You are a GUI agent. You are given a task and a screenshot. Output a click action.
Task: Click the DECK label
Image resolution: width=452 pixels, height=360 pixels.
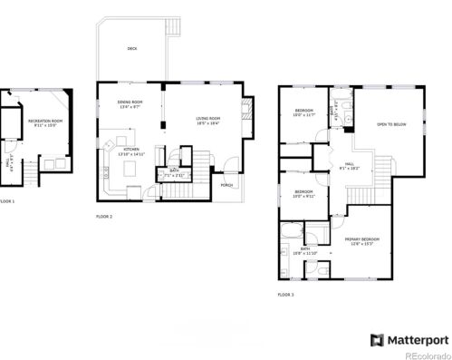point(132,48)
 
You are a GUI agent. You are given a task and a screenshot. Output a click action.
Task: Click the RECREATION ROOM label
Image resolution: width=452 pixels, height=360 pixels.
point(45,122)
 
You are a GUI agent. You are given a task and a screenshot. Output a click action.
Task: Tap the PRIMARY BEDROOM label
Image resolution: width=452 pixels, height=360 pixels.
point(361,240)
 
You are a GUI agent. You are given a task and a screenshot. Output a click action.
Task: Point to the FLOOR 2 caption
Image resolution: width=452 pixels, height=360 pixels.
point(104,217)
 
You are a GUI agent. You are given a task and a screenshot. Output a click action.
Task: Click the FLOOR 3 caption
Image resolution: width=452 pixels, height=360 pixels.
point(285,294)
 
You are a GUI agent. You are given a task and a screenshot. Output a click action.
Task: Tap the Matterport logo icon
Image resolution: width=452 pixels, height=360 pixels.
point(378,340)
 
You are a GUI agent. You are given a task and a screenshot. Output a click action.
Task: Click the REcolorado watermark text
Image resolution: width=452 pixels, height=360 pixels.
point(426,355)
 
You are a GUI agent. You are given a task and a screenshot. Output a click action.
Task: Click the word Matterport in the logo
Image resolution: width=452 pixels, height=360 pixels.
point(418,340)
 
